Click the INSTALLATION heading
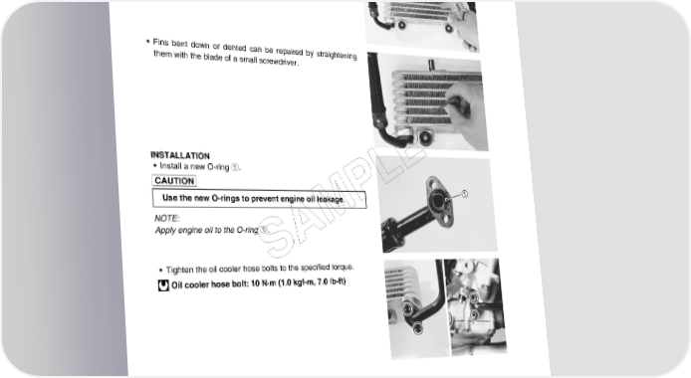[180, 155]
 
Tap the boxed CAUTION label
[174, 181]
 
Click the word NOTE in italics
[167, 218]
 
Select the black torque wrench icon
[163, 285]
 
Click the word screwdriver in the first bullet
[279, 61]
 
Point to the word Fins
[161, 42]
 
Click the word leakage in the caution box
[331, 199]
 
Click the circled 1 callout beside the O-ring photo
[464, 194]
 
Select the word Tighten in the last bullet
[180, 270]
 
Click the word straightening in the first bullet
[337, 55]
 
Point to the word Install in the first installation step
[170, 165]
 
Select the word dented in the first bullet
[234, 47]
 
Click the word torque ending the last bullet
[343, 267]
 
